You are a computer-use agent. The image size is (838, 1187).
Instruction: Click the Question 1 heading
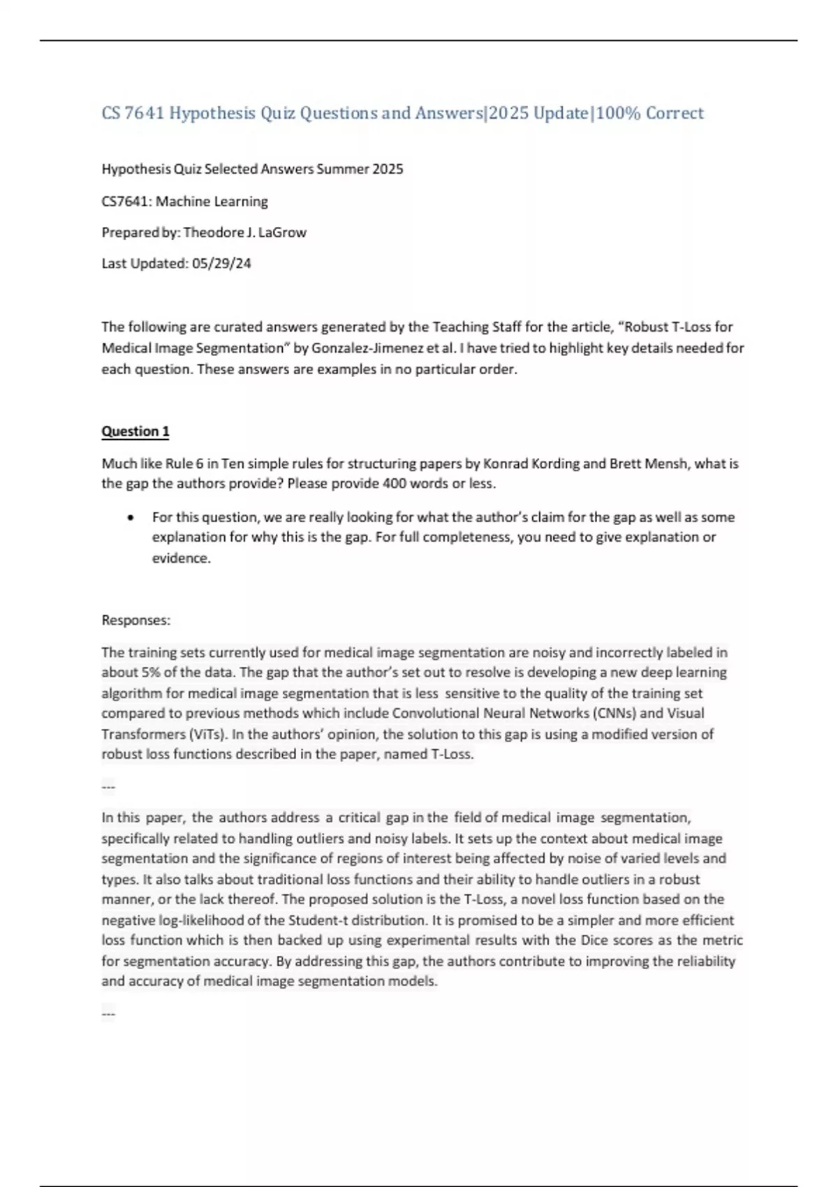click(x=135, y=432)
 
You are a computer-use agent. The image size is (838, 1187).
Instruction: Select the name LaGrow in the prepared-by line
click(x=282, y=233)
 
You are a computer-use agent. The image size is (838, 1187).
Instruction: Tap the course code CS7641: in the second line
click(x=126, y=202)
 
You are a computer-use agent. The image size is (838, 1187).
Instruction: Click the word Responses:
click(x=136, y=620)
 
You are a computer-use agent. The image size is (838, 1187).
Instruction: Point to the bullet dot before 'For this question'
click(x=131, y=518)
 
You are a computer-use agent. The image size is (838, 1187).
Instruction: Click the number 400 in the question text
click(x=394, y=484)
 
